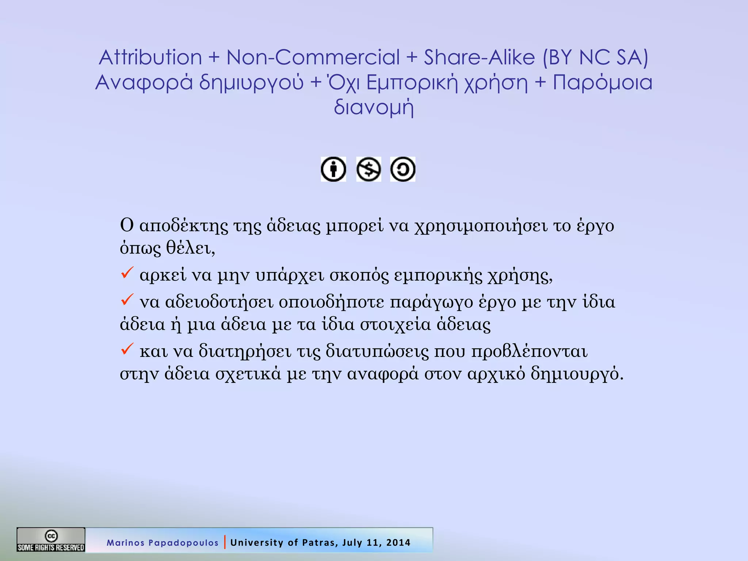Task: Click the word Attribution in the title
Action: tap(150, 57)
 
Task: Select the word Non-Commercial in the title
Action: tap(313, 57)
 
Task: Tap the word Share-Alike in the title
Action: tap(479, 57)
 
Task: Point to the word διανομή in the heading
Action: tap(374, 107)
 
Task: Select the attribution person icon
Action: tap(333, 169)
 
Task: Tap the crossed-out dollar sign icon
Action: tap(369, 169)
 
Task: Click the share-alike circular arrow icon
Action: tap(403, 169)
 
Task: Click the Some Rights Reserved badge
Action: tap(51, 539)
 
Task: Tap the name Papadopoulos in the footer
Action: tap(183, 543)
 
